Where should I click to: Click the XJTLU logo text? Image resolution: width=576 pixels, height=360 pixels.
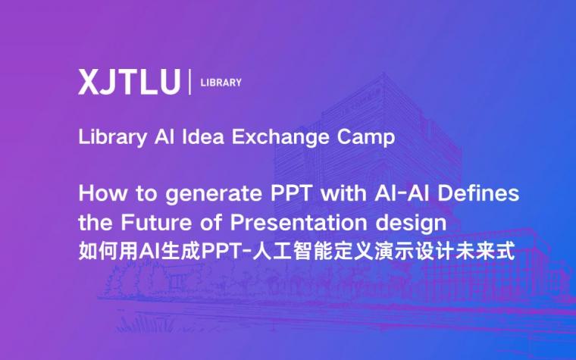[x=130, y=83]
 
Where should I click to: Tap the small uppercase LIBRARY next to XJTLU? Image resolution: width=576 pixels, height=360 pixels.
[x=221, y=83]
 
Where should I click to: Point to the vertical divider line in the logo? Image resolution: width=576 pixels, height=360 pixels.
[x=190, y=82]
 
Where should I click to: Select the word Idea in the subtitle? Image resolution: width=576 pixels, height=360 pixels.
[x=203, y=136]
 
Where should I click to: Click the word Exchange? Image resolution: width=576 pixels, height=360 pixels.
[x=280, y=138]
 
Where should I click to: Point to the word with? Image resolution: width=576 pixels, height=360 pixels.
[x=343, y=193]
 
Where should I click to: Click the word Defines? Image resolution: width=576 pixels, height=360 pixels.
[x=478, y=193]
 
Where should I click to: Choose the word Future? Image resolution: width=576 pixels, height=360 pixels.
[x=156, y=223]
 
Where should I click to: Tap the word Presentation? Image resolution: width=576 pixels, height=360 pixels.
[x=299, y=223]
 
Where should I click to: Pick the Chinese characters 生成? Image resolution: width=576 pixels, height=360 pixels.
[x=181, y=252]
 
